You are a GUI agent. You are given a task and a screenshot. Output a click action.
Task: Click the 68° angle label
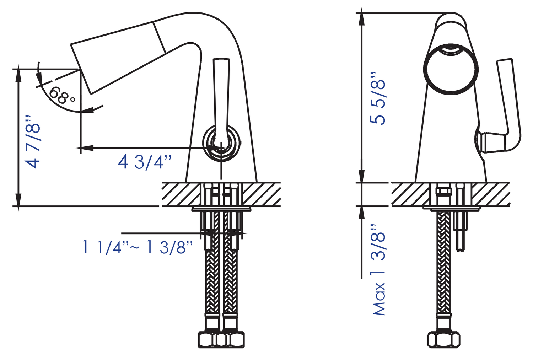pos(62,95)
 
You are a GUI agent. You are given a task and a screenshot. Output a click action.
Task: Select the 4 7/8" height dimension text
pos(33,142)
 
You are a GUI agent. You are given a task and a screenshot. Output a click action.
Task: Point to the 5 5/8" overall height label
pos(377,98)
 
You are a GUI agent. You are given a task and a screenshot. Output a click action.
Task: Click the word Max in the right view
pos(379,299)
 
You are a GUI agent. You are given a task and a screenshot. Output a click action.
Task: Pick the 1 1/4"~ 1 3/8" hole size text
pos(137,247)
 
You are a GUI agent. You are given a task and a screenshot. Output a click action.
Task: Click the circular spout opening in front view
pos(451,69)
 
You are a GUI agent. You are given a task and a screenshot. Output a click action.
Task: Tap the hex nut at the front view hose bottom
pos(443,339)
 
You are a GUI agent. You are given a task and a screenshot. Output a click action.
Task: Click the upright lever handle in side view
pos(221,100)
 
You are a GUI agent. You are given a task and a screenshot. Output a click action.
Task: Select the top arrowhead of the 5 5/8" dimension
pos(361,17)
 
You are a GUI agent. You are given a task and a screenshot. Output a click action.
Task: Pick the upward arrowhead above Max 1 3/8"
pos(361,213)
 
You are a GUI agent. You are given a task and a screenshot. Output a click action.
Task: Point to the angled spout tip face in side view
pos(81,69)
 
